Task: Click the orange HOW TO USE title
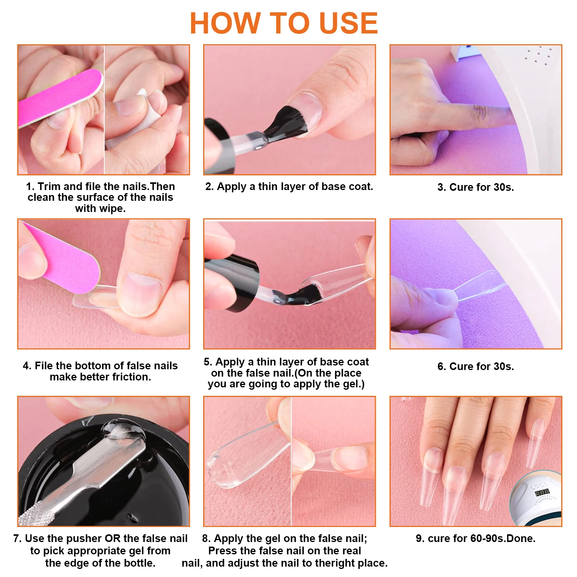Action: click(284, 23)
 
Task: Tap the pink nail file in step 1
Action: click(58, 98)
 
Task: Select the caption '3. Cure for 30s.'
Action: click(475, 187)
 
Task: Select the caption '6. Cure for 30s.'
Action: click(475, 367)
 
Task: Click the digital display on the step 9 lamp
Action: click(542, 493)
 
